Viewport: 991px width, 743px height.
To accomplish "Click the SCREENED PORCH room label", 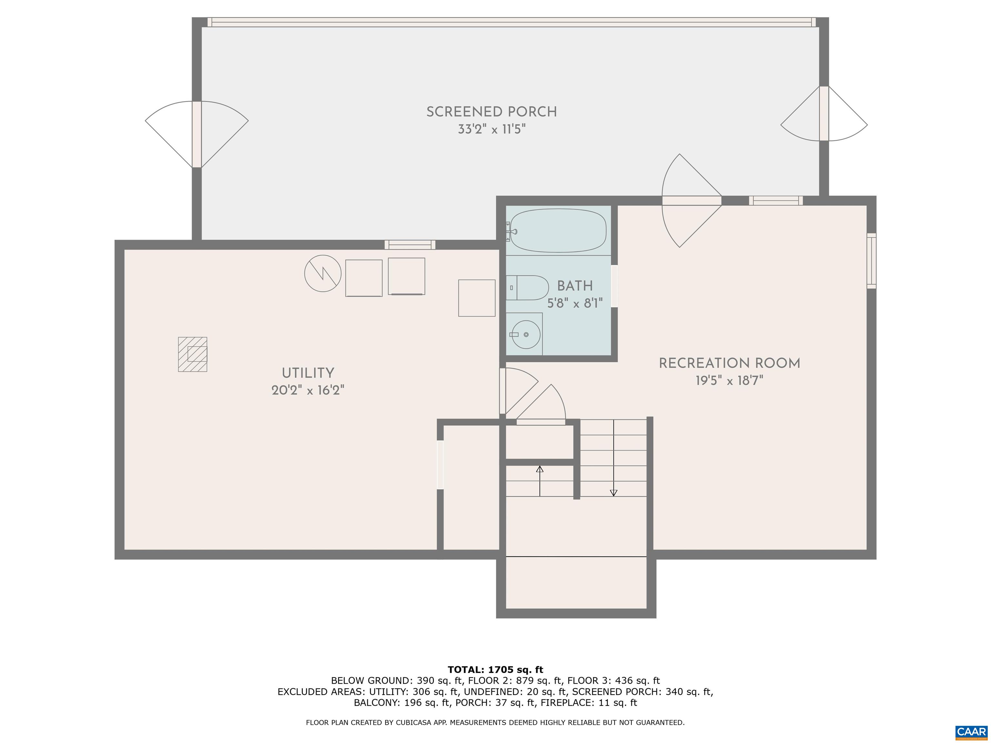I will [492, 112].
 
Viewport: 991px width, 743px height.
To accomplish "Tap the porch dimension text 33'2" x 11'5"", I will [492, 129].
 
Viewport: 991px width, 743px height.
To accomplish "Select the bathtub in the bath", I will [558, 231].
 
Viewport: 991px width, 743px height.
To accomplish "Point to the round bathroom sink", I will [526, 334].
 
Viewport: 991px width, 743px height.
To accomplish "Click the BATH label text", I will [575, 286].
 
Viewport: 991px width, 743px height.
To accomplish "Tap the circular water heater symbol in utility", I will [323, 273].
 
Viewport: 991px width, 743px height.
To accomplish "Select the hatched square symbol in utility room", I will [193, 354].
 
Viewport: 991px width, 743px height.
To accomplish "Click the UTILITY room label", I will [308, 373].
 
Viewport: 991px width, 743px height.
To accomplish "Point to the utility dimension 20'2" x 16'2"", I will [308, 391].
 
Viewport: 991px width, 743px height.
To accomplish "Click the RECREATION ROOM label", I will [729, 363].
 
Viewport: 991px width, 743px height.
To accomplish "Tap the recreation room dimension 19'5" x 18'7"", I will [729, 381].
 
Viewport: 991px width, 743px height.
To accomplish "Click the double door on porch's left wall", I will [197, 134].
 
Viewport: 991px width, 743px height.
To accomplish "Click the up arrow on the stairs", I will [540, 469].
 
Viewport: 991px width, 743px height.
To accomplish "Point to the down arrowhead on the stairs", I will [614, 493].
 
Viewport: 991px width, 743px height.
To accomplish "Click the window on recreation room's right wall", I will [871, 261].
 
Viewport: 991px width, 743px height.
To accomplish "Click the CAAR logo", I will [971, 732].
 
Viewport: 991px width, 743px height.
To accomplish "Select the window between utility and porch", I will [410, 244].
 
